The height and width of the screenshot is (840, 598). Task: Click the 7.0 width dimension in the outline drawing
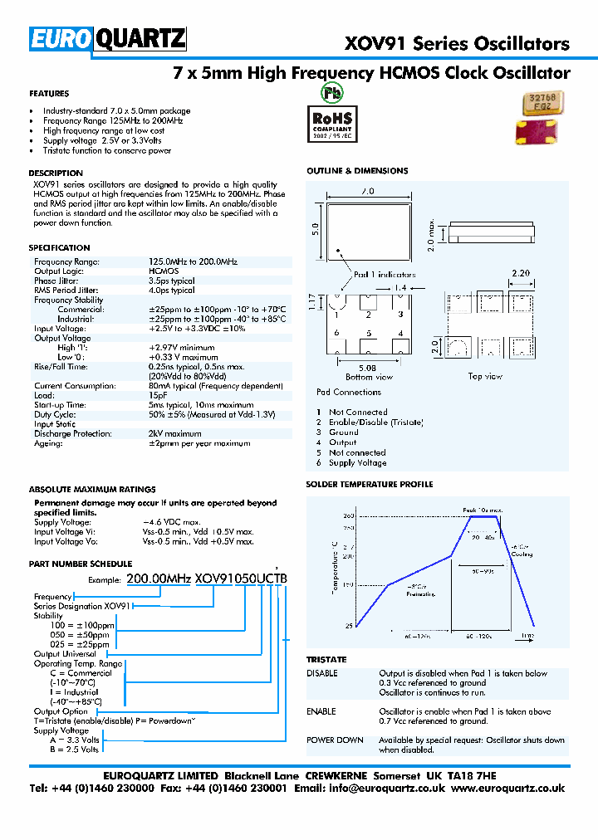point(365,191)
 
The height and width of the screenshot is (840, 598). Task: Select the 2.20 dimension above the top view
point(521,273)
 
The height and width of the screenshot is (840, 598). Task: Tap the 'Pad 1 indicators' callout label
point(385,274)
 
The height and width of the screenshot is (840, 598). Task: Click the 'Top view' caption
point(485,376)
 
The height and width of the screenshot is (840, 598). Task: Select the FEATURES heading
point(49,94)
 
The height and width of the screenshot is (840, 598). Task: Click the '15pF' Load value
point(159,395)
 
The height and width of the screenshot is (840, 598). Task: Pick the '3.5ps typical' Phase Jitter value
point(172,281)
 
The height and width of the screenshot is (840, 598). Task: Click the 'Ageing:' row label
point(48,443)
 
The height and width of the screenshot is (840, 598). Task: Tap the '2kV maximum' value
point(174,433)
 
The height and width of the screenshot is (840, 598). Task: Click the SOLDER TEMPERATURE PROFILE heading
point(370,485)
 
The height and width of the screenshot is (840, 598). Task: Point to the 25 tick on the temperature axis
point(326,626)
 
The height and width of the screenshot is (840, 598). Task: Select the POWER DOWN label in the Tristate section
point(335,740)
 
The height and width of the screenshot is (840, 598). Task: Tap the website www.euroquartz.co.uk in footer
point(508,789)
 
